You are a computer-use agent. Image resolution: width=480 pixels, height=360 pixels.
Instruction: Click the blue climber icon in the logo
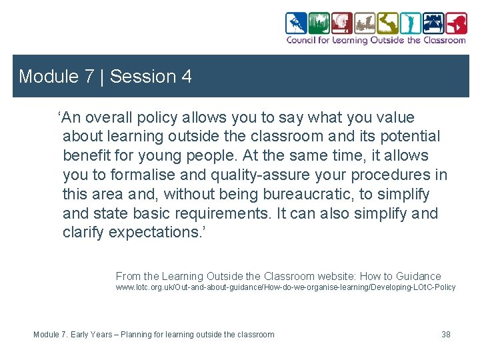(x=296, y=23)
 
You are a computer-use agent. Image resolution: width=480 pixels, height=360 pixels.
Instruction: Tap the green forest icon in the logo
(x=319, y=23)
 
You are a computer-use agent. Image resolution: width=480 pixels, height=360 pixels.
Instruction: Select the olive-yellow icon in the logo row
(x=387, y=23)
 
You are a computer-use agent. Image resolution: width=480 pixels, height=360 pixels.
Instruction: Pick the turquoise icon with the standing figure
(x=411, y=23)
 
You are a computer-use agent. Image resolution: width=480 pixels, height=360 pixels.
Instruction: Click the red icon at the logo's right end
(x=456, y=23)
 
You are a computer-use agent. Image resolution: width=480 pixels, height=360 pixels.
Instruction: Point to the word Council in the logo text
(x=301, y=40)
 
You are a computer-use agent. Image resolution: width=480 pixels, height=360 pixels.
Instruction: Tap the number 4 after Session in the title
(x=186, y=77)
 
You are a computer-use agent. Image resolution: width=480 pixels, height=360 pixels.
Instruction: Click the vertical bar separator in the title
(x=102, y=77)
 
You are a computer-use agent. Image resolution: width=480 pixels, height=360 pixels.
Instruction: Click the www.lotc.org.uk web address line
(x=285, y=287)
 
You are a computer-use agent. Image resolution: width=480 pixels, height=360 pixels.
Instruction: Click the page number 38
(x=446, y=334)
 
